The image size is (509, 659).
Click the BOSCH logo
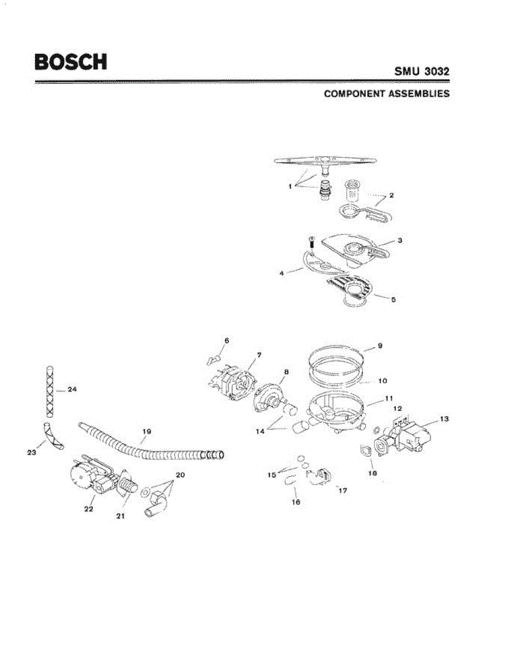[70, 62]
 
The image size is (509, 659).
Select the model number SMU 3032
[422, 72]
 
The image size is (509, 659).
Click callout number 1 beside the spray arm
[289, 187]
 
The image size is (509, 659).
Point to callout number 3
[400, 241]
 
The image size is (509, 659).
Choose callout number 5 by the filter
[393, 300]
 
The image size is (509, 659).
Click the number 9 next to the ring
[380, 346]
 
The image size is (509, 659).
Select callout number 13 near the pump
[444, 419]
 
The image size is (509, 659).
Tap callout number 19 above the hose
[146, 432]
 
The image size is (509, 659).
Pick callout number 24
[72, 389]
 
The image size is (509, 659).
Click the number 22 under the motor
[88, 509]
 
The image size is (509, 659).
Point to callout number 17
[343, 490]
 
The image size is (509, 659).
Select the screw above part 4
[311, 241]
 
